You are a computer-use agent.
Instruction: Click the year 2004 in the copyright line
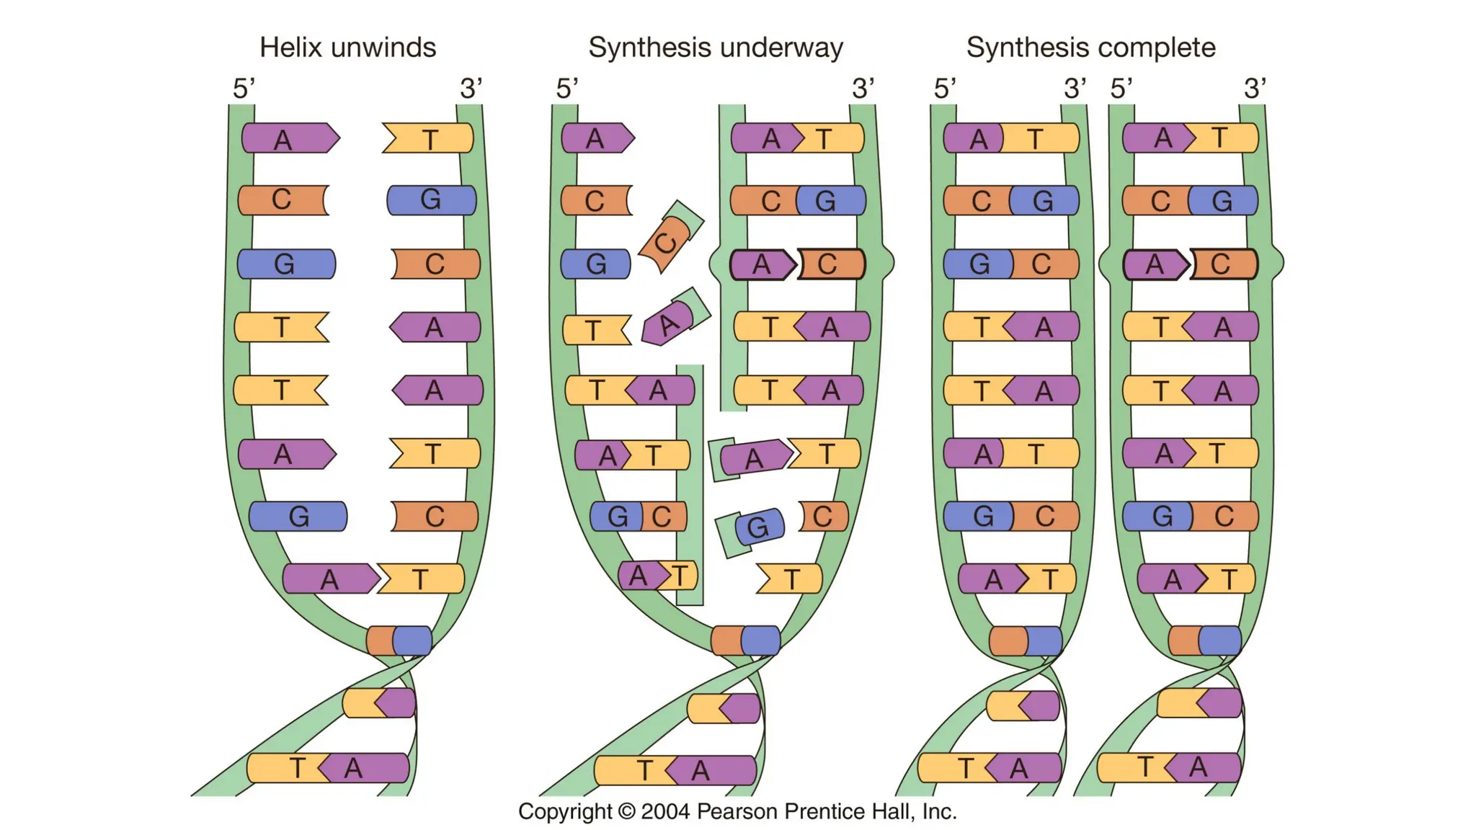(x=665, y=811)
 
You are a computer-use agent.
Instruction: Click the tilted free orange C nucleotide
(x=670, y=237)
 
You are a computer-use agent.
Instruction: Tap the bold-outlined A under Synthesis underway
(x=763, y=264)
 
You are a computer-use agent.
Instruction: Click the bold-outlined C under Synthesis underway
(x=831, y=264)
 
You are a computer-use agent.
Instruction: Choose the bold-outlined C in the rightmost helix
(x=1224, y=264)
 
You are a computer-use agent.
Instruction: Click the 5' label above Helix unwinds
(x=244, y=89)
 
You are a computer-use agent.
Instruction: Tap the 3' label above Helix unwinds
(x=471, y=89)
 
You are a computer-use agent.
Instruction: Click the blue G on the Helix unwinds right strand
(x=432, y=200)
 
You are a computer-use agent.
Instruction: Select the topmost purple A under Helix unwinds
(x=290, y=138)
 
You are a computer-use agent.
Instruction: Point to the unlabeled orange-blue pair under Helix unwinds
(x=399, y=641)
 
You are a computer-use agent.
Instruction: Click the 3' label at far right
(x=1255, y=89)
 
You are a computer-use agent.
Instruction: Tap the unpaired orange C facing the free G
(x=824, y=516)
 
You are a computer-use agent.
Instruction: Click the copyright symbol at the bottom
(x=627, y=812)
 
